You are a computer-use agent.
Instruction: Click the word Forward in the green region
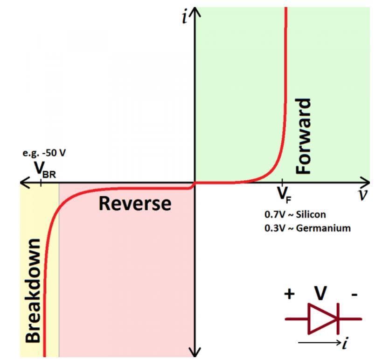[304, 136]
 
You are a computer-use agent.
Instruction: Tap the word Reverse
[135, 204]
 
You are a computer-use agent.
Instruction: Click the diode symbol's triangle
[322, 319]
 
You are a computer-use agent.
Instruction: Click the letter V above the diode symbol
[320, 294]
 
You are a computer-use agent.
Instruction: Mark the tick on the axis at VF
[282, 183]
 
